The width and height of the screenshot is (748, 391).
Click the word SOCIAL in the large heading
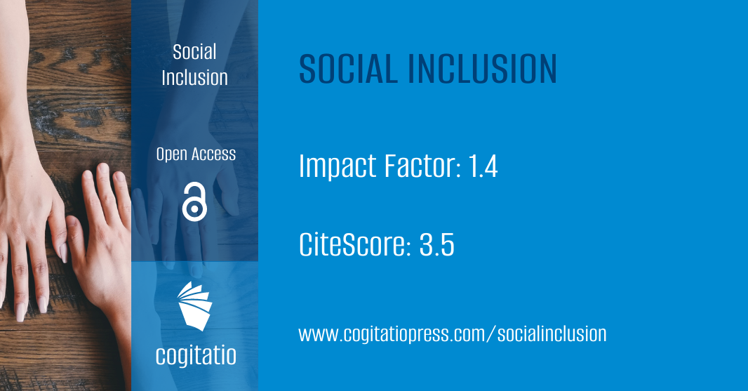click(x=347, y=69)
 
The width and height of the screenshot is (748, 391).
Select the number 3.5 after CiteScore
click(x=436, y=245)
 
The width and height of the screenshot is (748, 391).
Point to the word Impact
click(x=336, y=168)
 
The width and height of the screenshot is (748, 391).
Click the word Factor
click(x=417, y=166)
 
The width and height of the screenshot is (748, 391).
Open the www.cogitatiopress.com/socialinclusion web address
click(x=452, y=333)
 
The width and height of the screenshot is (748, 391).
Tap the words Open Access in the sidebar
click(x=196, y=154)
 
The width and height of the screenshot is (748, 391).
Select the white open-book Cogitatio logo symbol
click(x=194, y=305)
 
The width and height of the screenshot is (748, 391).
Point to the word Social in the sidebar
click(x=194, y=52)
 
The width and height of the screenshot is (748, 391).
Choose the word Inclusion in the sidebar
click(x=194, y=77)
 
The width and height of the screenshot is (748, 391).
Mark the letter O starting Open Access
click(x=161, y=154)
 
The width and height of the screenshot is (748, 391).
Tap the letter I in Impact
click(x=302, y=166)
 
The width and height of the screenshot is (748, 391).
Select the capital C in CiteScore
click(x=307, y=245)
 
